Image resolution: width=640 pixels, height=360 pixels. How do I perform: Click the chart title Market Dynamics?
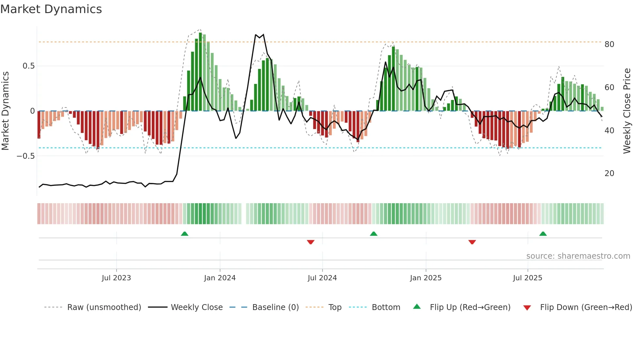[x=51, y=9]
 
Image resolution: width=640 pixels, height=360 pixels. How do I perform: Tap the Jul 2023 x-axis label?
[x=116, y=278]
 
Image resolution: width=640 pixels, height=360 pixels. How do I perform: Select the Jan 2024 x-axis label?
[x=220, y=278]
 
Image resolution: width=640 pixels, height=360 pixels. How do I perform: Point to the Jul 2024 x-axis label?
[x=322, y=278]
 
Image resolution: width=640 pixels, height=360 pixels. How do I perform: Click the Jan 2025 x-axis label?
[x=426, y=278]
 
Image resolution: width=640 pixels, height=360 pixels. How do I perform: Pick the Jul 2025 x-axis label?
[x=527, y=278]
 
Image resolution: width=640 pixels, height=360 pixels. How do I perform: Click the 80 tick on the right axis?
[x=609, y=44]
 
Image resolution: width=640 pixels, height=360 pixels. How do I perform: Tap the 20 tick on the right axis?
[x=609, y=173]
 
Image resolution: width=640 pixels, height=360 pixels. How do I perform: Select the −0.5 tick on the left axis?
[x=25, y=156]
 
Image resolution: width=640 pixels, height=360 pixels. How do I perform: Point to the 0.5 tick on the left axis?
[x=28, y=66]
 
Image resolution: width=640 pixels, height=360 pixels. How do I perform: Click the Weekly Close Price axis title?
[x=627, y=111]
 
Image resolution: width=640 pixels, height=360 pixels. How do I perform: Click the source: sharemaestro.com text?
[x=578, y=256]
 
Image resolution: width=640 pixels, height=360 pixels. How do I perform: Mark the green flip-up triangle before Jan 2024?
[x=184, y=234]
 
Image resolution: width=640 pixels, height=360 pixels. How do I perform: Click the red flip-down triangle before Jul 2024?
[x=311, y=242]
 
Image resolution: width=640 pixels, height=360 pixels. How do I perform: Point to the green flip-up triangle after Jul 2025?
[x=543, y=234]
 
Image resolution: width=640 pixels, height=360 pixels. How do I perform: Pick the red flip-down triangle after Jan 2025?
[x=472, y=242]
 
